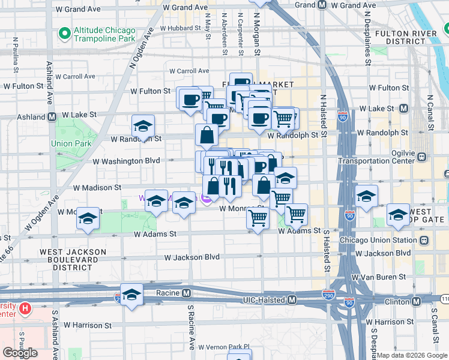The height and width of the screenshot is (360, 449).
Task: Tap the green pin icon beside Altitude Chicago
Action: [63, 31]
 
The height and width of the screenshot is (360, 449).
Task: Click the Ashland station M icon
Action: [52, 116]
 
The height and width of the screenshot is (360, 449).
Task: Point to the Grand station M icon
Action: [322, 5]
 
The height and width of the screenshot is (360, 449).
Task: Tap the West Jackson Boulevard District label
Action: [73, 257]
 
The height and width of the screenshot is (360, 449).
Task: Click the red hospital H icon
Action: [25, 309]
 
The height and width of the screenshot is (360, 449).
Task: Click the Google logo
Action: [20, 353]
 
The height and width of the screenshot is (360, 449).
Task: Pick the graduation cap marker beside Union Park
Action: [143, 127]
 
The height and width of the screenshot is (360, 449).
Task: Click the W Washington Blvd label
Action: [126, 161]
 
